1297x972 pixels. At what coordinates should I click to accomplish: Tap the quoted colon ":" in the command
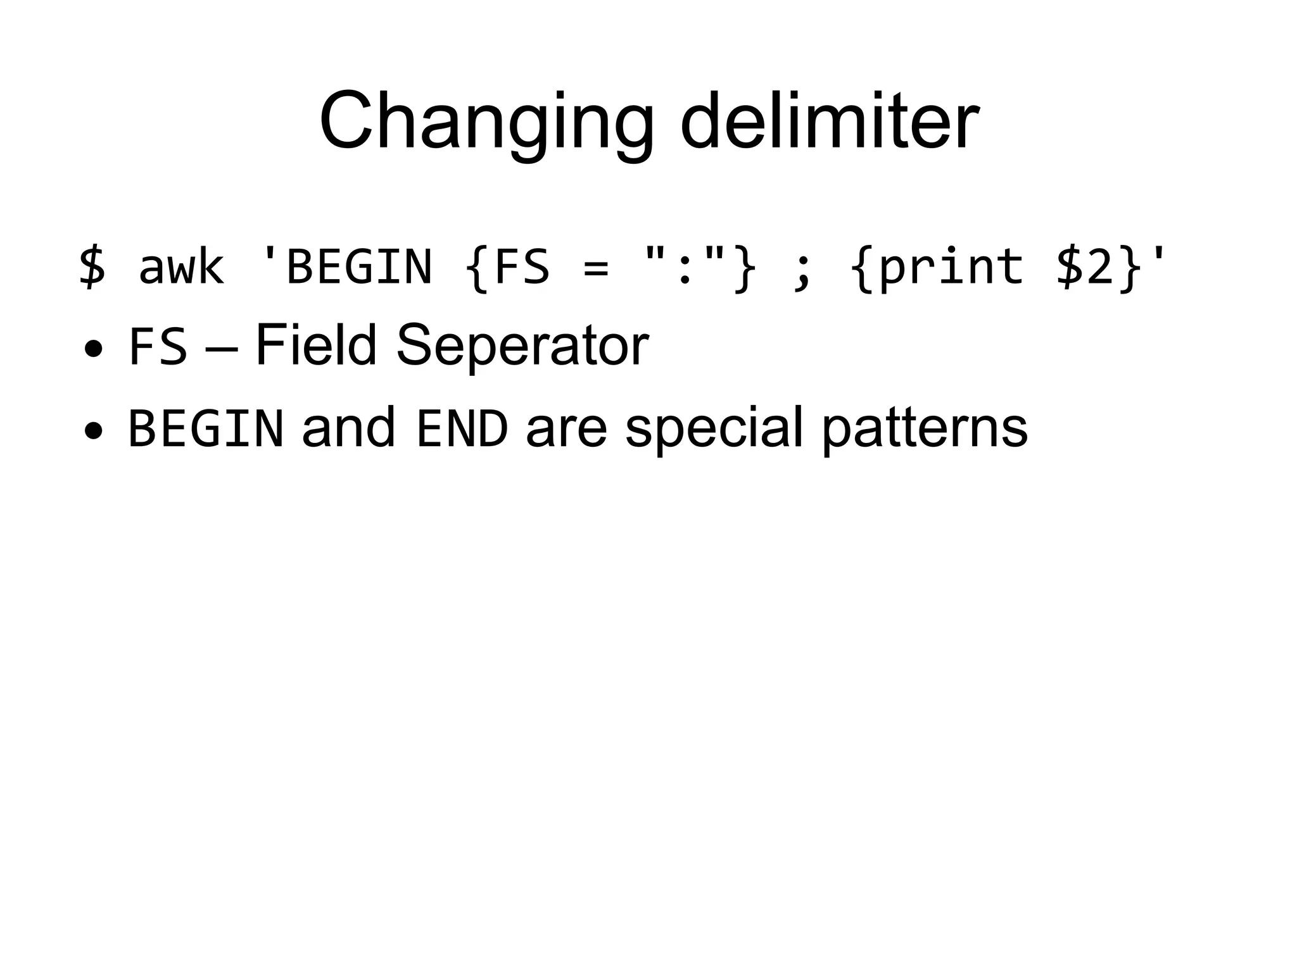click(684, 266)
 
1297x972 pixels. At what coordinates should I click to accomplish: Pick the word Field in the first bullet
click(315, 346)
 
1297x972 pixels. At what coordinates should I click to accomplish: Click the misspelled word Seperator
click(522, 347)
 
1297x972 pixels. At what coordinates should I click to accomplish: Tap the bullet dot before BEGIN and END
click(94, 431)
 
